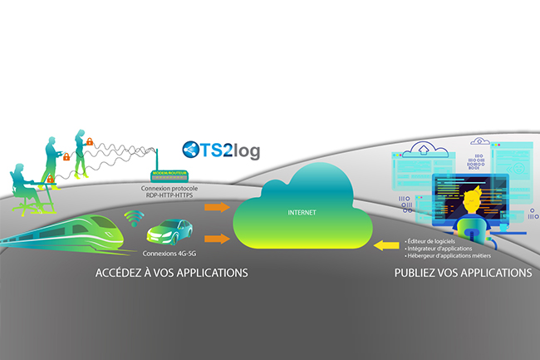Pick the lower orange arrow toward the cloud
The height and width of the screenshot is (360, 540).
(217, 239)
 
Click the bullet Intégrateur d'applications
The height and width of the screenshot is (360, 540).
(441, 247)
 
